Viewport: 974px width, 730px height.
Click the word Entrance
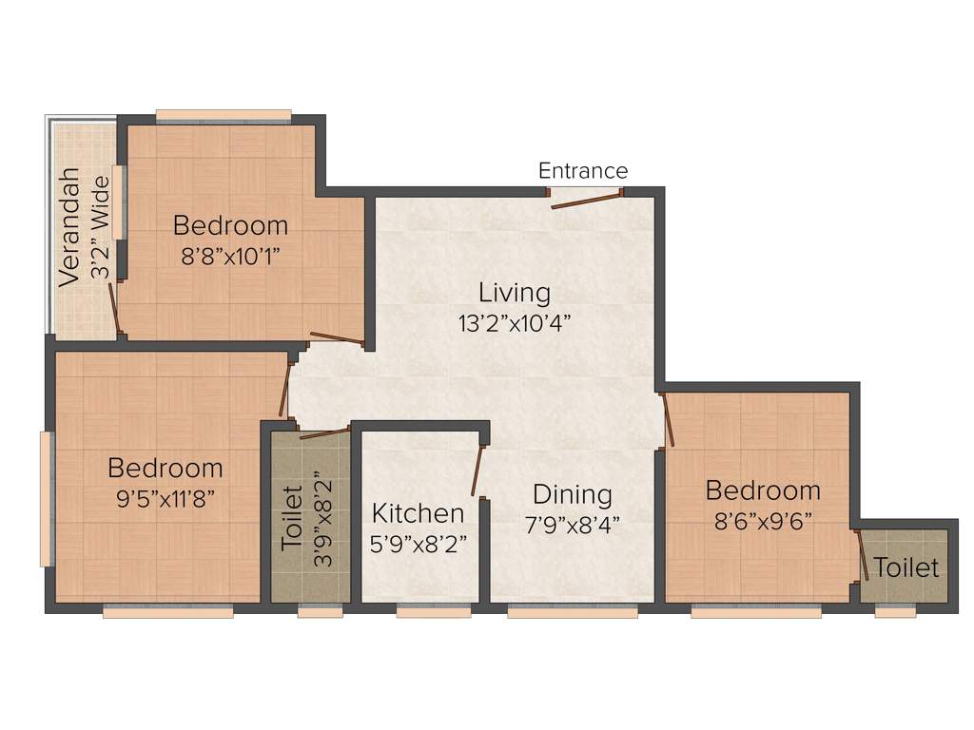pos(583,171)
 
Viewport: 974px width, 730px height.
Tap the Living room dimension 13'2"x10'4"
pos(515,322)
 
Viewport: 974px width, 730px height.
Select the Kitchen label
pos(418,514)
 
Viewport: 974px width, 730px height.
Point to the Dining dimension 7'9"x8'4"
pos(572,526)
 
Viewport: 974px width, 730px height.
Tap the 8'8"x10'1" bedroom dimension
pos(230,257)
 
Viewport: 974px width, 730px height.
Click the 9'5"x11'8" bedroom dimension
pos(166,499)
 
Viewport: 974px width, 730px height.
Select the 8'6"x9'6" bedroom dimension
pos(763,522)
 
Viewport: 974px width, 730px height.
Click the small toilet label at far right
pos(906,568)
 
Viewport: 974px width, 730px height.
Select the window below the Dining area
pos(572,613)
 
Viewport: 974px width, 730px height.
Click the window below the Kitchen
pos(420,613)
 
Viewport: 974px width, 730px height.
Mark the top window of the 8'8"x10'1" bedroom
pos(224,116)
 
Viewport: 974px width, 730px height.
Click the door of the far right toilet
pos(863,557)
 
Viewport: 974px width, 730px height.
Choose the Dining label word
pos(572,495)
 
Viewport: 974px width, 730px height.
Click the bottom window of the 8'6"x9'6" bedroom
pos(755,613)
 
